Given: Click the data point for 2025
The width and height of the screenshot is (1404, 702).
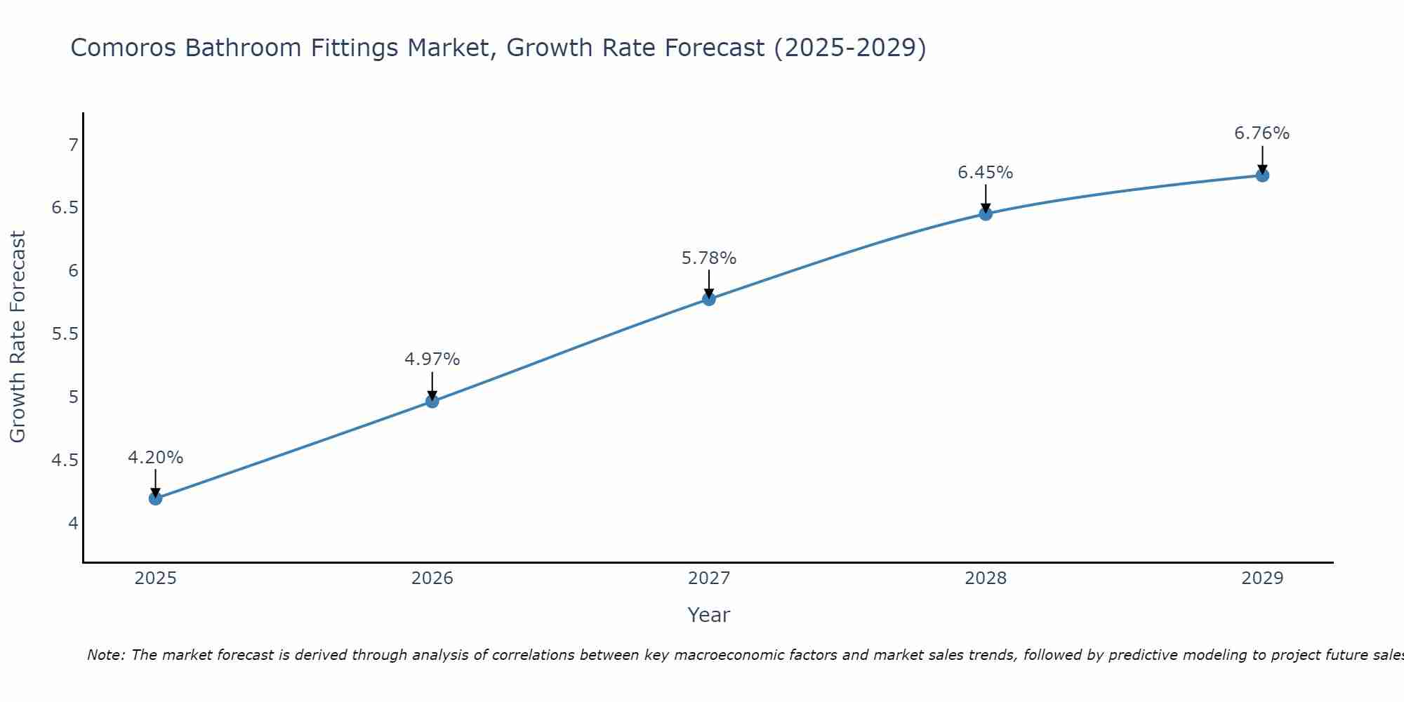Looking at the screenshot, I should (155, 498).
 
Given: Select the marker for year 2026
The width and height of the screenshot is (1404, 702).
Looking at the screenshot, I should (432, 402).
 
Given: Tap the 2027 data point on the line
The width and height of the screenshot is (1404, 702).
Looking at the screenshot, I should (709, 299).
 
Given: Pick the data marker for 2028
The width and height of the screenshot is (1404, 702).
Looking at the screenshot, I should (986, 214).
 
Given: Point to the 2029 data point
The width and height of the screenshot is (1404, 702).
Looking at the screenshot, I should (1262, 175).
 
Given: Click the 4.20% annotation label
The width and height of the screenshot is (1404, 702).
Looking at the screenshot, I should (155, 458).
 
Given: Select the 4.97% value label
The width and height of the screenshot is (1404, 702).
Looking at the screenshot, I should (432, 359).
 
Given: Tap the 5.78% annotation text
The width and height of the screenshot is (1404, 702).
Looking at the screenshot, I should (709, 258).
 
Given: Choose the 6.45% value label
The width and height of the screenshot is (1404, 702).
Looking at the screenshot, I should (986, 173).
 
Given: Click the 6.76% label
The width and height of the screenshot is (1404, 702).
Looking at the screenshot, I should (1262, 133).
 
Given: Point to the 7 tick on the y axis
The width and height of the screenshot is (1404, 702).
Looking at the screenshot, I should (73, 145).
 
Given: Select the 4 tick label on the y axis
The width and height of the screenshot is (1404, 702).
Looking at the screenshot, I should (73, 524).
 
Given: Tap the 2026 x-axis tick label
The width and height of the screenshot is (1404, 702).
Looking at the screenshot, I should (432, 578).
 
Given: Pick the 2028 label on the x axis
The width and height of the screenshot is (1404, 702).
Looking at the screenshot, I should (986, 578).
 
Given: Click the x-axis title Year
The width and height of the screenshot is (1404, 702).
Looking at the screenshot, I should (709, 615).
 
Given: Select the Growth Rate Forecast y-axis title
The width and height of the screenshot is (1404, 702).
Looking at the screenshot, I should (18, 337).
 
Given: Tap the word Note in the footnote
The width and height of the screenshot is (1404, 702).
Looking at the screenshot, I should (105, 655).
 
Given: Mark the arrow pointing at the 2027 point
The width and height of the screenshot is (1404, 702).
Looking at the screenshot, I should (709, 284).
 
